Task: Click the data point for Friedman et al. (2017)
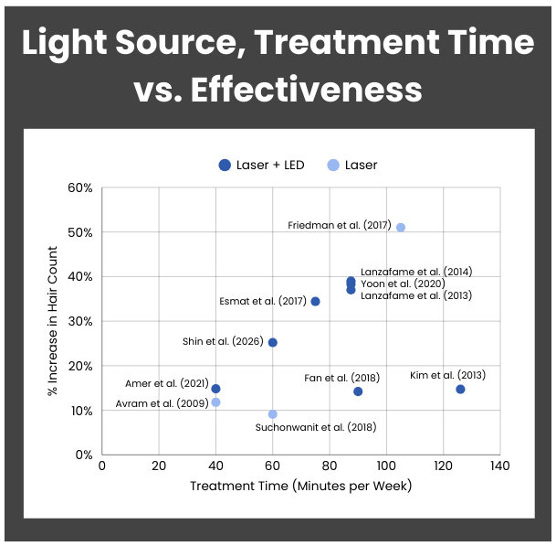(401, 227)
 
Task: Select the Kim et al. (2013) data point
(460, 389)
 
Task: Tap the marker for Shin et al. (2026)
(272, 342)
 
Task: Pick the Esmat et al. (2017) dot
(315, 301)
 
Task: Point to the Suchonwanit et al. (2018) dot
(272, 414)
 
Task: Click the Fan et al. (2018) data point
(358, 391)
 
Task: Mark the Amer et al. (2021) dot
(215, 389)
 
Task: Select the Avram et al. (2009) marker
(215, 402)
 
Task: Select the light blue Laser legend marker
(333, 166)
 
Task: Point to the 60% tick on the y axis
(80, 188)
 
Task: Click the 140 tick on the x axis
(500, 466)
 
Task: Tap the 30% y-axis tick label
(80, 322)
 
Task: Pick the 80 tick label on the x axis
(330, 466)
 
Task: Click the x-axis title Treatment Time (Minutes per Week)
(300, 486)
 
